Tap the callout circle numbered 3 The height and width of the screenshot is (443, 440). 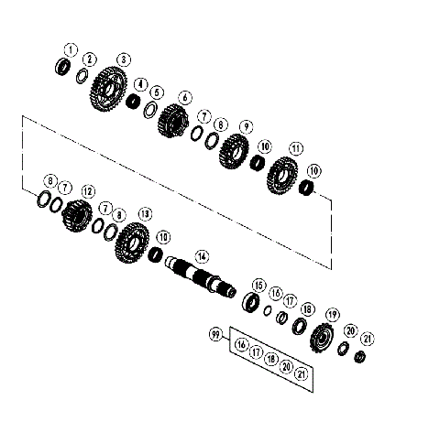pos(123,59)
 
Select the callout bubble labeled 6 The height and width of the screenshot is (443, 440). pos(184,97)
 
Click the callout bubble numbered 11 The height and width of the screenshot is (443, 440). pos(295,148)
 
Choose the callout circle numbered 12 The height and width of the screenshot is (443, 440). pos(88,191)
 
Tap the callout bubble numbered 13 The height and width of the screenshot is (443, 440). pos(144,213)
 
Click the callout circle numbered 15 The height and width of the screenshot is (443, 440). pos(258,285)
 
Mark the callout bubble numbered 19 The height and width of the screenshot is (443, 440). pos(332,315)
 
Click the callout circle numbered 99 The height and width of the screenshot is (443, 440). pos(216,336)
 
